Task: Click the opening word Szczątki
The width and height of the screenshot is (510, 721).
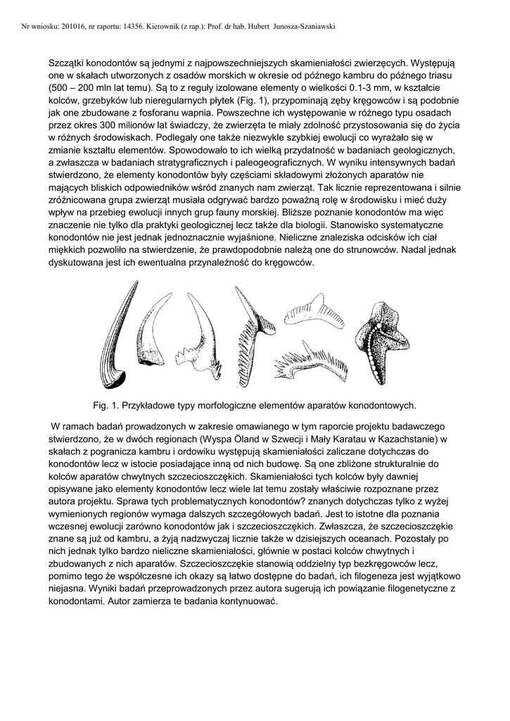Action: [70, 62]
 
